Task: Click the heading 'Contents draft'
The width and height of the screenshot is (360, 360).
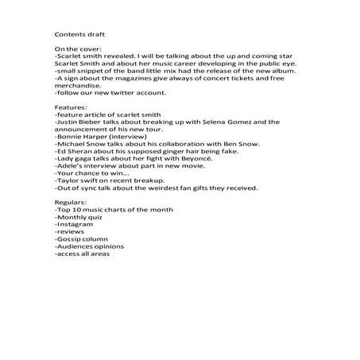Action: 79,35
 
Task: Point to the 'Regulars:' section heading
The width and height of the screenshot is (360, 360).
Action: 70,203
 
